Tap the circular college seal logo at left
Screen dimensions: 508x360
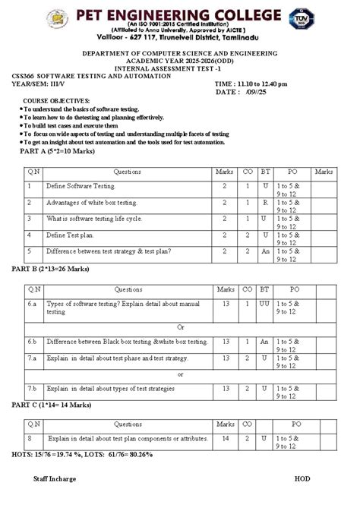(x=57, y=21)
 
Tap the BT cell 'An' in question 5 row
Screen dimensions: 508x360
(x=265, y=251)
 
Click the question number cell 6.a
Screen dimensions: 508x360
(x=31, y=303)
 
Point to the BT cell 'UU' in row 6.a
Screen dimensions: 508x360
(x=265, y=303)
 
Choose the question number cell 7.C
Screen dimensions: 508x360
(x=31, y=389)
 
